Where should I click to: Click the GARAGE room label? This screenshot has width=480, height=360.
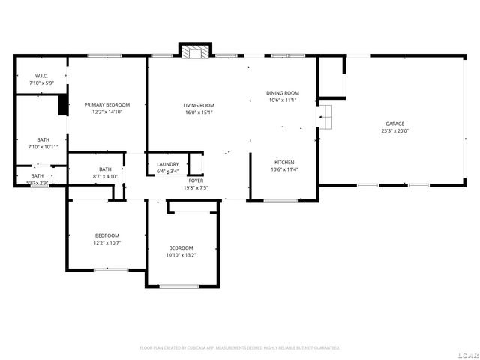(x=395, y=124)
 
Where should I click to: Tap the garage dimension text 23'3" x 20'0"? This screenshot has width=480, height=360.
(x=395, y=130)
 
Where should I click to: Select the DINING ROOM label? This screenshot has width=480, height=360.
(x=283, y=92)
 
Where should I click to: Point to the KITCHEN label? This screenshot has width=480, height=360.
(x=283, y=162)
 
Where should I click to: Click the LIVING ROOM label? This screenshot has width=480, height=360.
(x=199, y=105)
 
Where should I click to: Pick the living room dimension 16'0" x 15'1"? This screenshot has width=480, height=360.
(x=199, y=112)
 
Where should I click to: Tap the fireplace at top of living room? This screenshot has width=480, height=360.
(x=194, y=52)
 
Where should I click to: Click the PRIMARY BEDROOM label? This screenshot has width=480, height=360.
(x=106, y=104)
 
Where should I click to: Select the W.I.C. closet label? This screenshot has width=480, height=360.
(x=41, y=76)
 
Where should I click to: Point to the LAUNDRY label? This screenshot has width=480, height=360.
(x=167, y=164)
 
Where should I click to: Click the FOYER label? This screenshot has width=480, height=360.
(x=196, y=181)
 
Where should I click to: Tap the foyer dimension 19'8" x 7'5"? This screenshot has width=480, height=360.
(x=196, y=187)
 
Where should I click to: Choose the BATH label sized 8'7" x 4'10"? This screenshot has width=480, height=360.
(x=105, y=169)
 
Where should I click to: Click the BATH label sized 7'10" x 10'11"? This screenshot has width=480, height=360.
(x=43, y=140)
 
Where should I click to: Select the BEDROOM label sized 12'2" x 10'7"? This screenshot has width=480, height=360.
(x=106, y=235)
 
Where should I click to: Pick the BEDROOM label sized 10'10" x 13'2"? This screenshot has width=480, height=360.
(x=181, y=247)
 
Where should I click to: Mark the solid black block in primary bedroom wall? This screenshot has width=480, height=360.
(x=63, y=106)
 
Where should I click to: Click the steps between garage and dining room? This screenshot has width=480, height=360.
(x=326, y=116)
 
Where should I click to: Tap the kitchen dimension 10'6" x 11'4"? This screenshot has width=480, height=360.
(x=283, y=169)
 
